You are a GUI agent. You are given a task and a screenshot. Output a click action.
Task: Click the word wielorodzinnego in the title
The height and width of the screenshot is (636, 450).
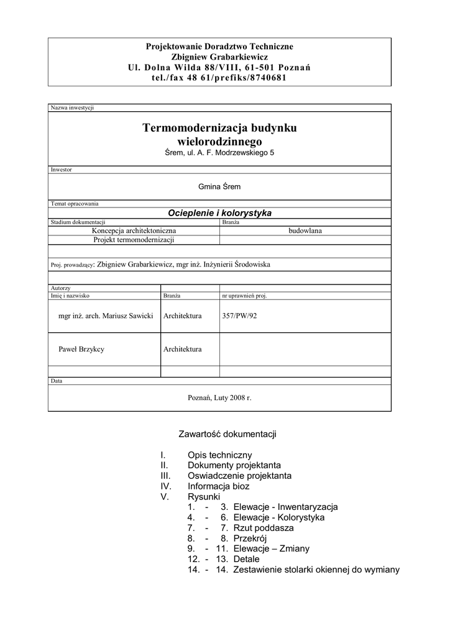click(x=219, y=142)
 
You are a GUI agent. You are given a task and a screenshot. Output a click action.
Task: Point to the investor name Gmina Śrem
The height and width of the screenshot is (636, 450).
click(x=219, y=186)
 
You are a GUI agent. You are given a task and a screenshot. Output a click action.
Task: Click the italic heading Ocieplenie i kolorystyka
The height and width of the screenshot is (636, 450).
click(x=219, y=212)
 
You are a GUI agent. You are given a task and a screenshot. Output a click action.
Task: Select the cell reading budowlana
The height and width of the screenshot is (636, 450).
click(x=305, y=230)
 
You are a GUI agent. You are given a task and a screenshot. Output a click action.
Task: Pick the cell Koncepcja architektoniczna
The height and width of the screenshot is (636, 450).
click(x=134, y=230)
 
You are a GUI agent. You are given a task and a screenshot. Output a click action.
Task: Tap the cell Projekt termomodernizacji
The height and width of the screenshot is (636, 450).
click(x=134, y=239)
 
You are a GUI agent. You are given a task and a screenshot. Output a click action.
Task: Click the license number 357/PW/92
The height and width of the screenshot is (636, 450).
click(x=239, y=316)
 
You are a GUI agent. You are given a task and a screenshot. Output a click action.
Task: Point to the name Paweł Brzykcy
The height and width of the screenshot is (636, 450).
click(x=81, y=349)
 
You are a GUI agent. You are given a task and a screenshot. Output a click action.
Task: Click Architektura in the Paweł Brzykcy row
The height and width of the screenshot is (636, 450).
click(x=183, y=349)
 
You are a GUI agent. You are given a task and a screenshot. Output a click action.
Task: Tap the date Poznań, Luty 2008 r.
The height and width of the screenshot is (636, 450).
click(x=219, y=397)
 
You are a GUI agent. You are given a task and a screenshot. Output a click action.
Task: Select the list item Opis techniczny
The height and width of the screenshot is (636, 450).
click(x=219, y=455)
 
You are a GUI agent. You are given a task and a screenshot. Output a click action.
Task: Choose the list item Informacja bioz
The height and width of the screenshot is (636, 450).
click(x=218, y=486)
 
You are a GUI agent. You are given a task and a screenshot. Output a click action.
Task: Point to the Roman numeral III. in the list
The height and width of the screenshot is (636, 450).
click(x=165, y=476)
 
